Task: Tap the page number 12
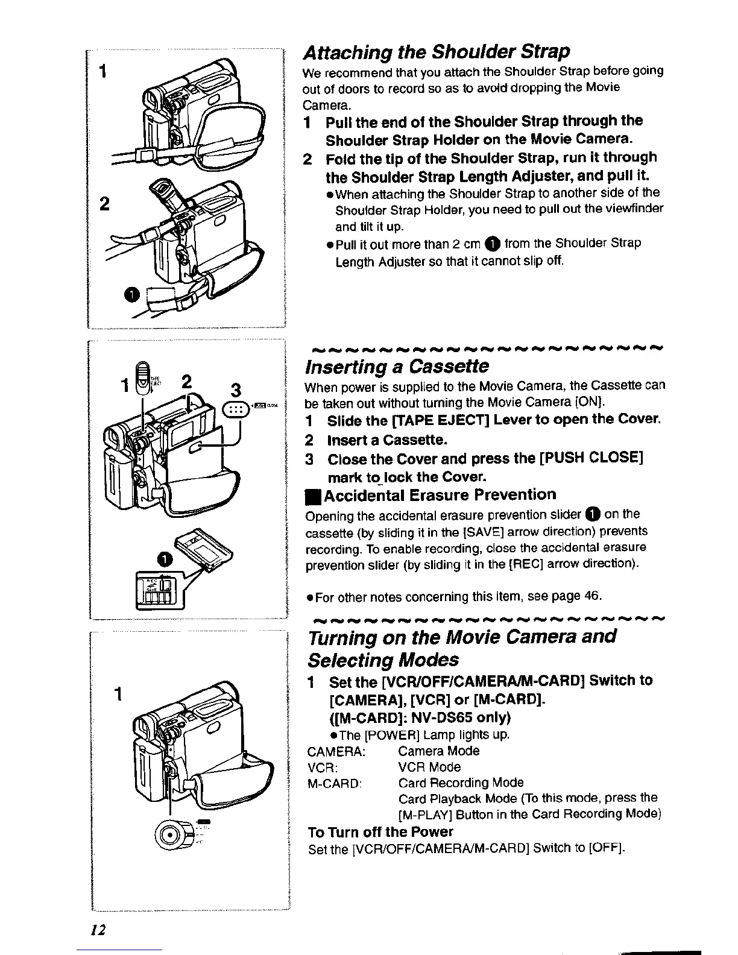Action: pyautogui.click(x=98, y=930)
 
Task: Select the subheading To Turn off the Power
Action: pyautogui.click(x=380, y=832)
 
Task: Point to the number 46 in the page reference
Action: pyautogui.click(x=593, y=596)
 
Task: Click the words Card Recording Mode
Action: pyautogui.click(x=461, y=783)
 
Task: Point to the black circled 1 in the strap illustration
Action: pyautogui.click(x=132, y=294)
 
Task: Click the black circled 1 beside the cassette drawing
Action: pyautogui.click(x=164, y=559)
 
